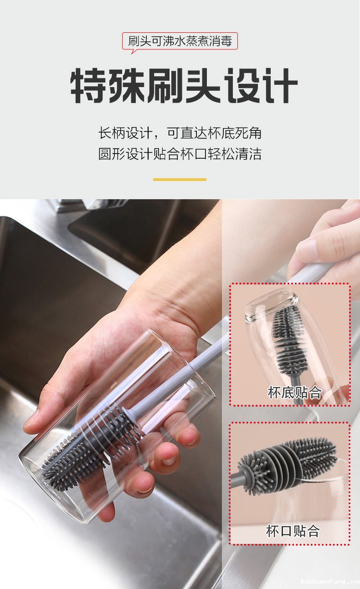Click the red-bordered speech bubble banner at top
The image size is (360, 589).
coord(180,41)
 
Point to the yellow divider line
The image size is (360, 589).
coord(180,180)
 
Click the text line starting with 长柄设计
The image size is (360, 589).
coord(180,133)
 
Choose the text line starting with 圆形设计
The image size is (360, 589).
coord(180,154)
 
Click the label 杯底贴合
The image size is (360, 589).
coord(294,393)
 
